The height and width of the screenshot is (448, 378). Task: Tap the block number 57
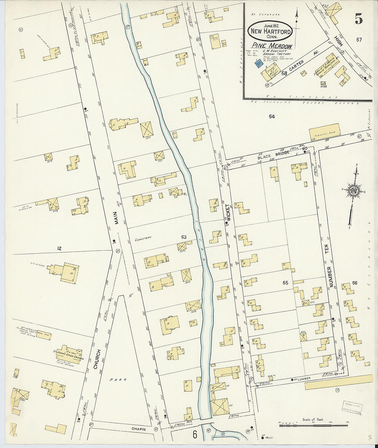point(359,40)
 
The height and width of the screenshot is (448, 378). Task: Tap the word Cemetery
point(143,237)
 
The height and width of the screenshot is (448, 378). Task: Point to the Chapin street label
point(140,429)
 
